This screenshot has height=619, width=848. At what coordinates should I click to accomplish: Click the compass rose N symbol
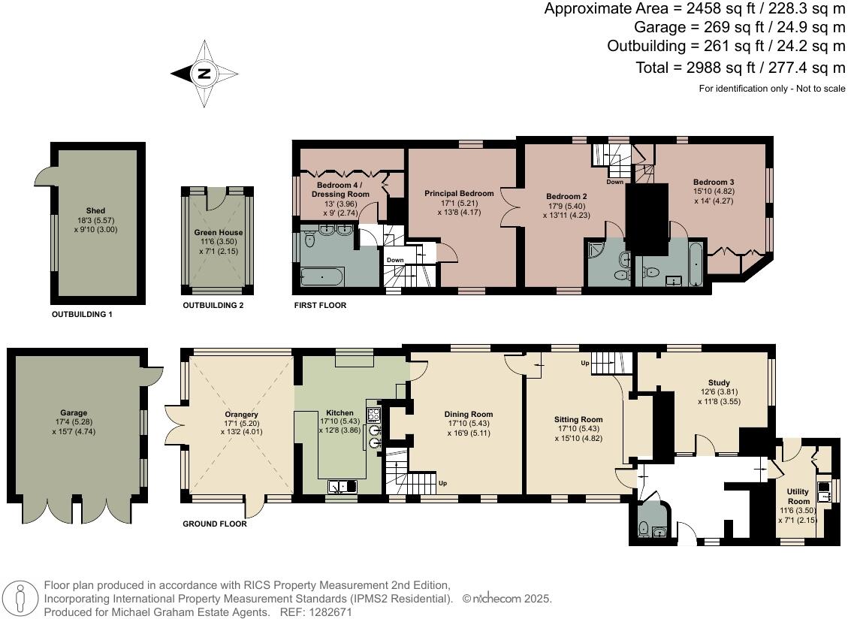(204, 74)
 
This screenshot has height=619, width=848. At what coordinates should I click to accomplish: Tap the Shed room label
(95, 210)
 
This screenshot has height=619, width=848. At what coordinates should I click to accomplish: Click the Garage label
(74, 412)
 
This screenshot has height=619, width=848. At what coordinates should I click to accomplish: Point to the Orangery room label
(241, 415)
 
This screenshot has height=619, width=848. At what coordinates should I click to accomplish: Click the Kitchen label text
(340, 413)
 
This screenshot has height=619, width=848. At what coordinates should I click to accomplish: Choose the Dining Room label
(469, 414)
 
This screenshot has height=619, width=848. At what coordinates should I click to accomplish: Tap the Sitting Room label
(578, 419)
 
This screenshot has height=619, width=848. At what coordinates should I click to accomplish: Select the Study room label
(719, 382)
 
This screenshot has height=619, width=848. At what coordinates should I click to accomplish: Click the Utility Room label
(798, 496)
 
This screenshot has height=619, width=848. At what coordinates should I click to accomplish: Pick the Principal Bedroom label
(459, 193)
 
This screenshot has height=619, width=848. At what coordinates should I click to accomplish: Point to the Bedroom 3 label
(713, 182)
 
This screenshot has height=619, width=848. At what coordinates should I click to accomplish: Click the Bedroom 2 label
(566, 196)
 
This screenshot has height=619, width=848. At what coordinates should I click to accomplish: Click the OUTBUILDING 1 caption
(82, 314)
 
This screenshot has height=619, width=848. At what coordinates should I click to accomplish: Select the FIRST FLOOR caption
(320, 306)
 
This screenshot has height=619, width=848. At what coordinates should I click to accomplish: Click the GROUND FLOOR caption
(215, 524)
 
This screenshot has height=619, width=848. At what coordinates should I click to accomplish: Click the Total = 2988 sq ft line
(741, 68)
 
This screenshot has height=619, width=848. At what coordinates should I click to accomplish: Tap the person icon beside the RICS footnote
(21, 599)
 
